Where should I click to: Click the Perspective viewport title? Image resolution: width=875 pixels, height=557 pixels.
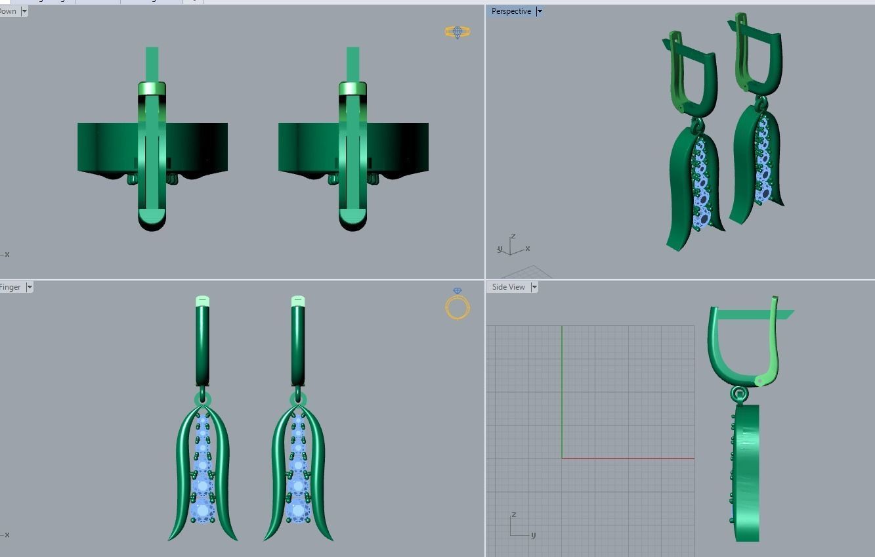(511, 11)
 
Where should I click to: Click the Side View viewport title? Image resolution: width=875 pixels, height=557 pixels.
(508, 287)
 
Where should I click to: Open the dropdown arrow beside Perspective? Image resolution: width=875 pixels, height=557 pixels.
(540, 11)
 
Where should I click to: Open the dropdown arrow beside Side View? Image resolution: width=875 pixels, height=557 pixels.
(534, 287)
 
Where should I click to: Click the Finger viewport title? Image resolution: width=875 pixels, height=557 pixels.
(11, 287)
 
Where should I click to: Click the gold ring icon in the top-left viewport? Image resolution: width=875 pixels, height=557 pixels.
(458, 32)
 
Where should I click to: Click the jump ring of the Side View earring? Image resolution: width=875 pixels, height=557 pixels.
(739, 394)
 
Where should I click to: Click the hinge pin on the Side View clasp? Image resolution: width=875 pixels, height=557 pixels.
(759, 380)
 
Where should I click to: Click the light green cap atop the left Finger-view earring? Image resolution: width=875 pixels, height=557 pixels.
(202, 301)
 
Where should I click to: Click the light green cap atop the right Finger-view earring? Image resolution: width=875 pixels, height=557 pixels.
(298, 301)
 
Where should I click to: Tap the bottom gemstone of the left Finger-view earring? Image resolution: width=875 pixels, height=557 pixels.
(202, 510)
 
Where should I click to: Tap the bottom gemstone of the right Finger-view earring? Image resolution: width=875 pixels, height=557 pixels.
(298, 510)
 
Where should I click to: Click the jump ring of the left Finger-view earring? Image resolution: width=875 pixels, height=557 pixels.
(202, 399)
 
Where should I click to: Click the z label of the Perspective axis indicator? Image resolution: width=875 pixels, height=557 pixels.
(513, 236)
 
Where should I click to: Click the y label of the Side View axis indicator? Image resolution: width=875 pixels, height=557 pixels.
(533, 535)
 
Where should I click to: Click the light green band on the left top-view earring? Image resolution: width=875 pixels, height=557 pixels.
(152, 89)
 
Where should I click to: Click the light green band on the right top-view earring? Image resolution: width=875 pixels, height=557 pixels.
(352, 89)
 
